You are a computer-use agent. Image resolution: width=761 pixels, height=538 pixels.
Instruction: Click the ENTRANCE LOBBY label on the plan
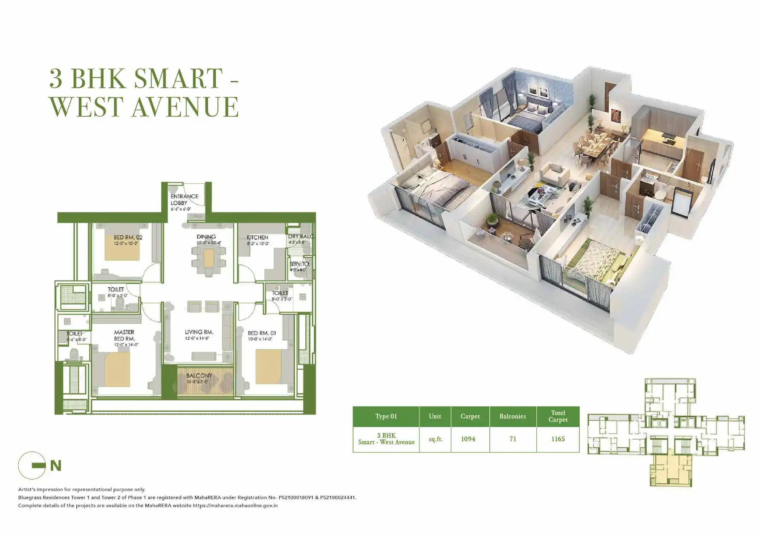tap(184, 200)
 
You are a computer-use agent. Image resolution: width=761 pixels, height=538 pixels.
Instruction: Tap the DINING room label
tap(206, 237)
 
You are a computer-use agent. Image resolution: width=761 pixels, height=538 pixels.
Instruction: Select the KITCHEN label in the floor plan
tap(257, 237)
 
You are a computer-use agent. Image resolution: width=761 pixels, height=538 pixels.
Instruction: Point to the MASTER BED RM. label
tap(124, 335)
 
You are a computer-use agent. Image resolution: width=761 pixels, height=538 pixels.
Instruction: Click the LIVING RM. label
tap(199, 332)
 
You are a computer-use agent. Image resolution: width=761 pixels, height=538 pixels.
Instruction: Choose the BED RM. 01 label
tap(262, 333)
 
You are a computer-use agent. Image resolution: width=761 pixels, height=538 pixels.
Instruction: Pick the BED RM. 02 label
tap(128, 237)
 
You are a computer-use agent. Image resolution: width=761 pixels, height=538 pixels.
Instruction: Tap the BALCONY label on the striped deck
tap(199, 376)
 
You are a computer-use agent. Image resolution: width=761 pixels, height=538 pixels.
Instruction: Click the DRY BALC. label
tap(301, 236)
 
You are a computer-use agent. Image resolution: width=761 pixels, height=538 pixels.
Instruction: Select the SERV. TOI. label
tap(300, 264)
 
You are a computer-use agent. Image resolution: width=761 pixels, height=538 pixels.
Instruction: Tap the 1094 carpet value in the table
tap(468, 439)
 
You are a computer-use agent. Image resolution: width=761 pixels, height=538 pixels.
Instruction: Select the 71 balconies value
tap(513, 439)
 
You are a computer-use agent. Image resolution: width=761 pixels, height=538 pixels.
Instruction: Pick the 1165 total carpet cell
tap(558, 439)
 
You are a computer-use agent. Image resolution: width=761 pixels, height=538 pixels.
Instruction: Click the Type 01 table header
tap(386, 417)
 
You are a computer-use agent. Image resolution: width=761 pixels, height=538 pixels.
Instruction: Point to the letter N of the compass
tap(56, 466)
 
